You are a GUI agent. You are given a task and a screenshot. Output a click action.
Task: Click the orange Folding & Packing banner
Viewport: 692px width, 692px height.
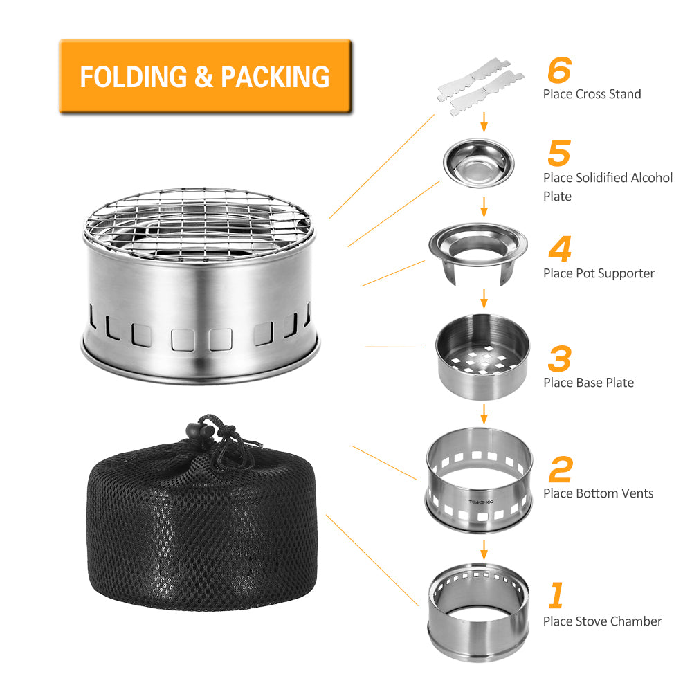pyautogui.click(x=205, y=76)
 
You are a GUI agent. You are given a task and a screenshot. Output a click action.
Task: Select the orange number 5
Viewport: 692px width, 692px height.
pyautogui.click(x=558, y=153)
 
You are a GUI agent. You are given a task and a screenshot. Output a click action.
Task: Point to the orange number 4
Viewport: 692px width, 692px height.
pyautogui.click(x=559, y=249)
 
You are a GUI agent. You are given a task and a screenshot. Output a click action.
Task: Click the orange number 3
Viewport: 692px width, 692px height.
pyautogui.click(x=559, y=358)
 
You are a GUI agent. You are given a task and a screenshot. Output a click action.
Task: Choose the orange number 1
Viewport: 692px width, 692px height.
pyautogui.click(x=556, y=596)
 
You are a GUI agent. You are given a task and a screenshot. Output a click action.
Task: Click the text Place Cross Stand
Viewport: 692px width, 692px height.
pyautogui.click(x=592, y=94)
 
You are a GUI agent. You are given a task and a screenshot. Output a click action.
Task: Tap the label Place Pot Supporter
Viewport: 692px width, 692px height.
pyautogui.click(x=599, y=273)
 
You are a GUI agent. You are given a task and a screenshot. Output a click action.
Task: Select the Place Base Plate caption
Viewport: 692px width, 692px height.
pyautogui.click(x=588, y=383)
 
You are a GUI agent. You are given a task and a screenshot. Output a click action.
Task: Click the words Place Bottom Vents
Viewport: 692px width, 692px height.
pyautogui.click(x=598, y=493)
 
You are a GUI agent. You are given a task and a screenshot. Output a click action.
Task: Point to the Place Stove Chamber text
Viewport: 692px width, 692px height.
pyautogui.click(x=602, y=621)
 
